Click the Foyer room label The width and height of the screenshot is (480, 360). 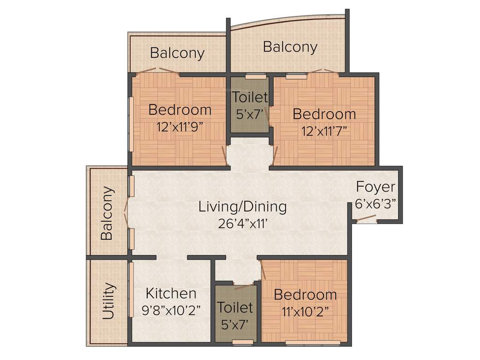pyautogui.click(x=375, y=187)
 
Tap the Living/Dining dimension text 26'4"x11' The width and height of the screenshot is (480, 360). pyautogui.click(x=242, y=223)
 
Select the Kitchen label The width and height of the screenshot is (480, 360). pyautogui.click(x=171, y=294)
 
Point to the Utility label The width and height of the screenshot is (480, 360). pyautogui.click(x=108, y=300)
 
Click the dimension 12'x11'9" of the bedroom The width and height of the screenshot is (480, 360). pyautogui.click(x=180, y=127)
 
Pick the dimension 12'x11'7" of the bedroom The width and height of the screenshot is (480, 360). pyautogui.click(x=324, y=130)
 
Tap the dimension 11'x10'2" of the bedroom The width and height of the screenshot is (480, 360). pyautogui.click(x=305, y=311)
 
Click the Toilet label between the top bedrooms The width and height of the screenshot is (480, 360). pyautogui.click(x=250, y=98)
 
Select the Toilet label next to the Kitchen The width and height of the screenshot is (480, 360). pyautogui.click(x=235, y=308)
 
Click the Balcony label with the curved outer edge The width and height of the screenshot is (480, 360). pyautogui.click(x=290, y=47)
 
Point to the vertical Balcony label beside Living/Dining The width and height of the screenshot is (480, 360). pyautogui.click(x=107, y=213)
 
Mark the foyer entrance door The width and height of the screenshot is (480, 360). pyautogui.click(x=366, y=218)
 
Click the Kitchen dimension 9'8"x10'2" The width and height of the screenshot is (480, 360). pyautogui.click(x=171, y=310)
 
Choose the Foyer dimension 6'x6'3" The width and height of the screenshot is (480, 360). pyautogui.click(x=375, y=203)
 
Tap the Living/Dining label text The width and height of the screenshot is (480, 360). pyautogui.click(x=242, y=206)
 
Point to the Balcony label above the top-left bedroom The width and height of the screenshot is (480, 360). pyautogui.click(x=177, y=53)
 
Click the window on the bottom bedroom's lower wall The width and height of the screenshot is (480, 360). pyautogui.click(x=313, y=343)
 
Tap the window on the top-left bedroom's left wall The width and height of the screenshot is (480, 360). pyautogui.click(x=131, y=124)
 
